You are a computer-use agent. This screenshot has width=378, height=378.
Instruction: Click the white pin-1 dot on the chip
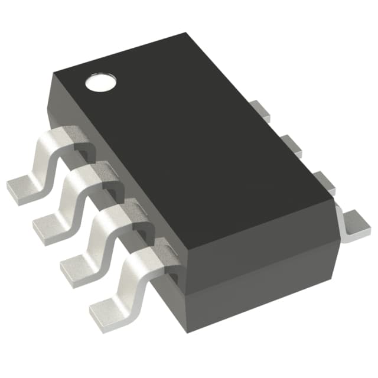point(98,83)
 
